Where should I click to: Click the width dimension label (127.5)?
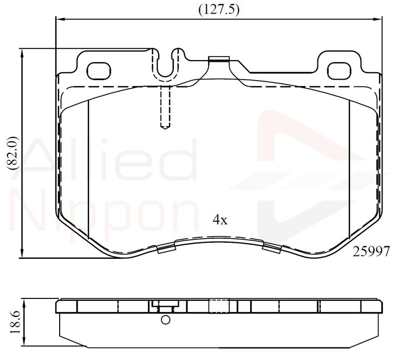(219, 10)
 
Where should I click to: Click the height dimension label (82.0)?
(14, 154)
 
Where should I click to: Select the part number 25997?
(371, 251)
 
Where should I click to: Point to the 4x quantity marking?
(220, 219)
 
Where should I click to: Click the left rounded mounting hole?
(99, 71)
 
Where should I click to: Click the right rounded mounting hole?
(339, 71)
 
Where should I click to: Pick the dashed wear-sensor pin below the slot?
(165, 107)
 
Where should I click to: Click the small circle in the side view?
(166, 320)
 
